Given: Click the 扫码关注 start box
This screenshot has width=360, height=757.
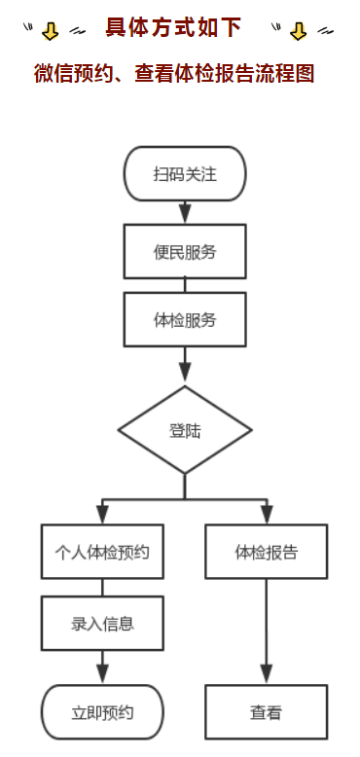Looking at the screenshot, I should coord(184,173).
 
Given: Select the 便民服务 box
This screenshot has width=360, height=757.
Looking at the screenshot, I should coord(184,251).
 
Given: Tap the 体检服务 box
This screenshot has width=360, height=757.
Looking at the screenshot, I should coord(184,319).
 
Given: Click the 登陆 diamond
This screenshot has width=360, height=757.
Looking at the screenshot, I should coord(184,430).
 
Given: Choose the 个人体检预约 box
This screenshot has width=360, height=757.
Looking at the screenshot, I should coord(102,552).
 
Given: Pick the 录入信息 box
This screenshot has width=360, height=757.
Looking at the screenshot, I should coord(102,623).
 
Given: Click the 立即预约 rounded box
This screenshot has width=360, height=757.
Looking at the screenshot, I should coord(102,712).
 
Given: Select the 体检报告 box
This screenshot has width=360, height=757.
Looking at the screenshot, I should coord(266,552).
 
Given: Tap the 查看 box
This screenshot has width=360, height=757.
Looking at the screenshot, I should coord(266,712).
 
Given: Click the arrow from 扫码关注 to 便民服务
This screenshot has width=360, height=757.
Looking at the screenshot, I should coord(184,212).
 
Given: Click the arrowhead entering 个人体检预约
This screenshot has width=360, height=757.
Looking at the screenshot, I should coord(102,515).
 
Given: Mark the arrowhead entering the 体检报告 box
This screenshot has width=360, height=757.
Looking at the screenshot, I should coord(266,515).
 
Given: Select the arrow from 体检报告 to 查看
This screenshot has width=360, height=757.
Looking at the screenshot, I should coord(266,632).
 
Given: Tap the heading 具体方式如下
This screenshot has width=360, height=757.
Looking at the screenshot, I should coord(173,28).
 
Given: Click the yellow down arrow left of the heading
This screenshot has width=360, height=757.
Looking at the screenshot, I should coord(51,31).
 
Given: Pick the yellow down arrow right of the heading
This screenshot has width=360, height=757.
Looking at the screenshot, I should coord(298,31).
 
